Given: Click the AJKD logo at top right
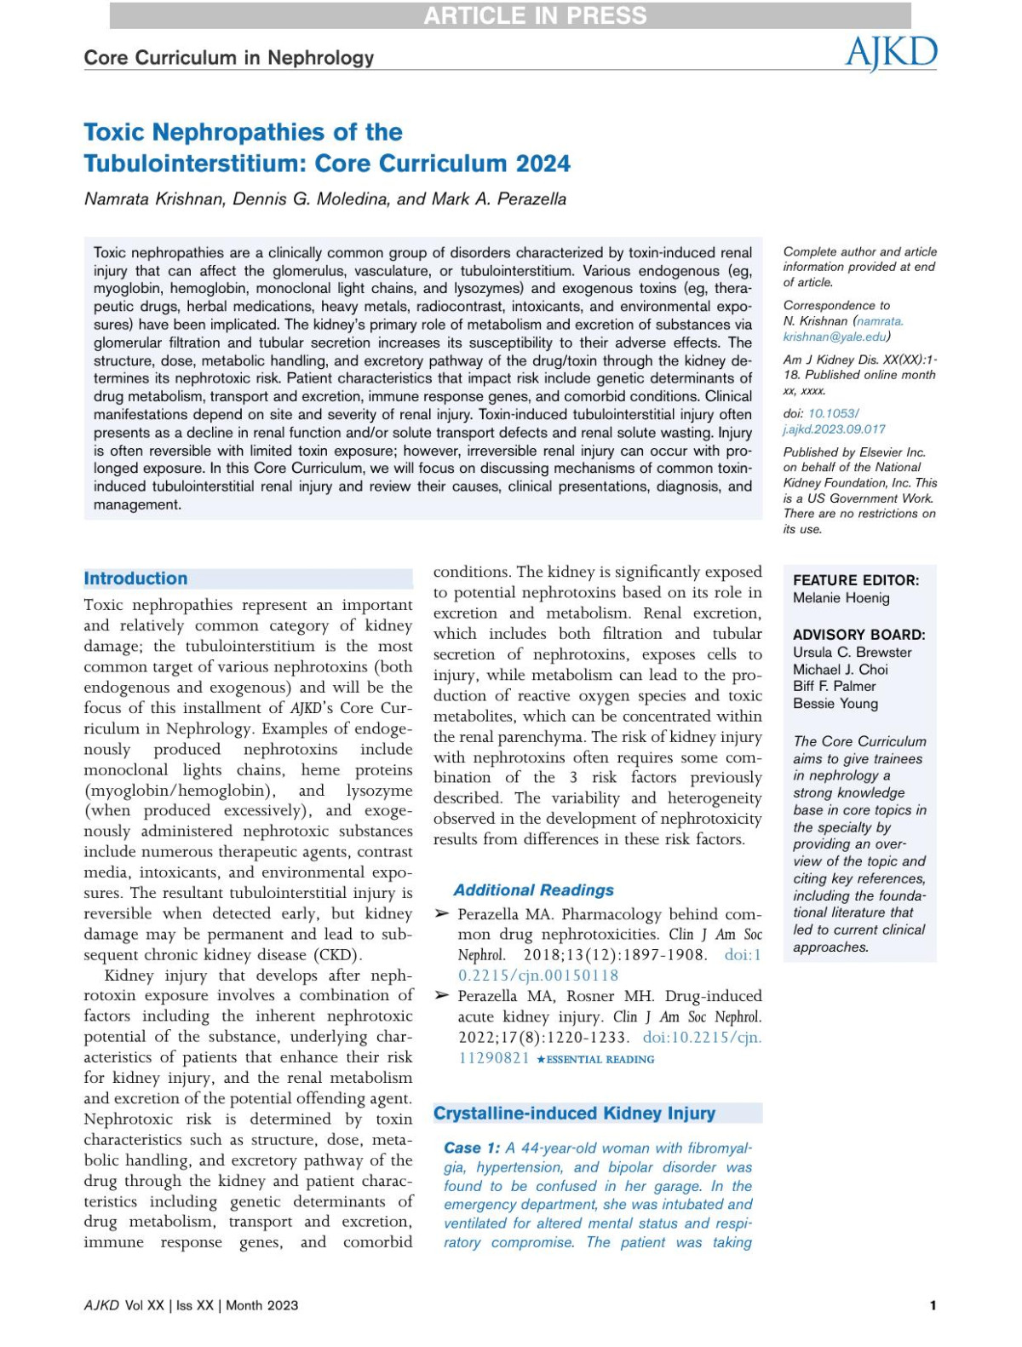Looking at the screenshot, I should (891, 53).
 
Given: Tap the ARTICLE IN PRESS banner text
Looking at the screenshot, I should (535, 15).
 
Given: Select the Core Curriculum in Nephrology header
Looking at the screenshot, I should (228, 58).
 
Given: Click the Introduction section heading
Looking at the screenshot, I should (135, 579).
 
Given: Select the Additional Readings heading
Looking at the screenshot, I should (533, 890).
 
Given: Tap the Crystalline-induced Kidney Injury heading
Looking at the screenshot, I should (574, 1114).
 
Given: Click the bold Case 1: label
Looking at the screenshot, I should (472, 1148).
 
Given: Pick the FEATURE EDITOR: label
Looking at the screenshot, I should (856, 580).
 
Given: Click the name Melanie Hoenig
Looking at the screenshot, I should (841, 598).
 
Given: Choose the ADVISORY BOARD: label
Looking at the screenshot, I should (858, 635).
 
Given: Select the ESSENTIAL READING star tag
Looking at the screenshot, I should (595, 1060).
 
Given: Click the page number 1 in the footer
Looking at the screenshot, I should (933, 1305).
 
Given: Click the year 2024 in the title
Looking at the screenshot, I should (543, 164).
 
